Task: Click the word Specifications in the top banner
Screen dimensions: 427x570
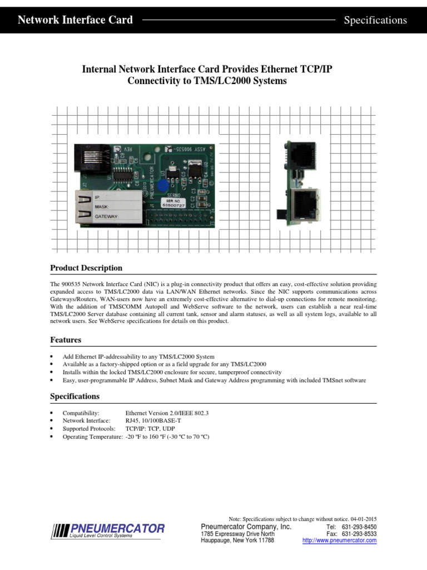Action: pyautogui.click(x=375, y=20)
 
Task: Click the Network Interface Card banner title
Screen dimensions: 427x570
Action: pyautogui.click(x=75, y=20)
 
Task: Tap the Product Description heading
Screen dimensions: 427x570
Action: pyautogui.click(x=86, y=268)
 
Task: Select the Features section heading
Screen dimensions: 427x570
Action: pyautogui.click(x=66, y=340)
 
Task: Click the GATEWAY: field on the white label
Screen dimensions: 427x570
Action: pyautogui.click(x=115, y=215)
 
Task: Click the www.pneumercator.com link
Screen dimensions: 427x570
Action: pyautogui.click(x=339, y=540)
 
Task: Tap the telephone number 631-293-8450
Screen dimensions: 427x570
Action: pyautogui.click(x=359, y=527)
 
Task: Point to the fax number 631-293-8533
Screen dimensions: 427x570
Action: pyautogui.click(x=359, y=534)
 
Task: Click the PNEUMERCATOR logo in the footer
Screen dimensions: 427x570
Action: pyautogui.click(x=108, y=530)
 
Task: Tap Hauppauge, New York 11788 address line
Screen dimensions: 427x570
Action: pyautogui.click(x=237, y=540)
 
